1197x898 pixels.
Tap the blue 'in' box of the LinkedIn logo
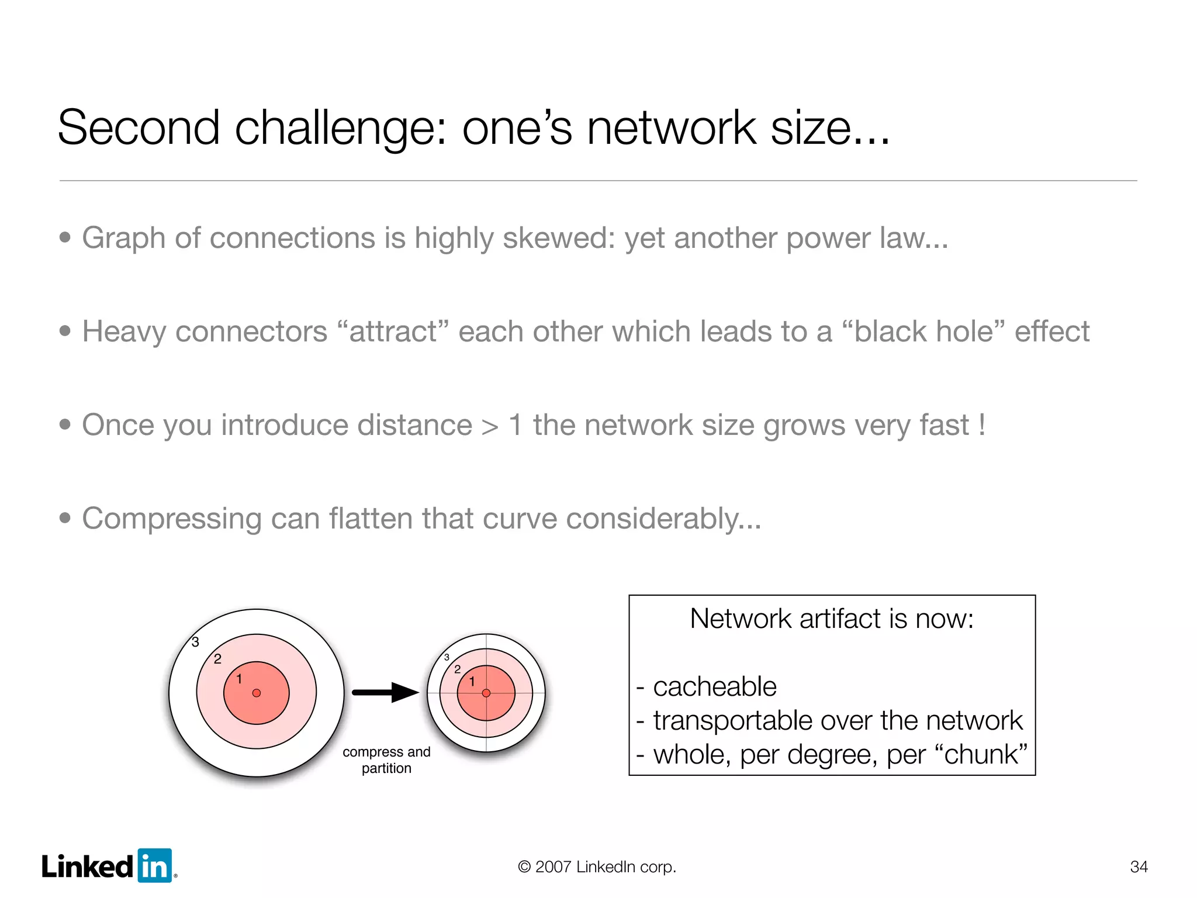click(x=155, y=866)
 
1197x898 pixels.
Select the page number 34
click(x=1139, y=866)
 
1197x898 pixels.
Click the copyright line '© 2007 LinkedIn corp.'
click(x=597, y=866)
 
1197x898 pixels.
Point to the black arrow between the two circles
click(x=386, y=693)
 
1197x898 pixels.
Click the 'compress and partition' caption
click(x=386, y=759)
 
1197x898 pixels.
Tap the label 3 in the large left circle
click(x=196, y=642)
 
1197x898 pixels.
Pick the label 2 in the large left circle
click(x=217, y=659)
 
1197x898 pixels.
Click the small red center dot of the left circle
click(x=256, y=693)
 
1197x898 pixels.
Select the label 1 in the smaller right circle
click(x=472, y=682)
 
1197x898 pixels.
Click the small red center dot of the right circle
click(x=486, y=693)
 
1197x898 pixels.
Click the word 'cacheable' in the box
click(x=714, y=686)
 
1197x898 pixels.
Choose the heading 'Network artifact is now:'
click(x=831, y=619)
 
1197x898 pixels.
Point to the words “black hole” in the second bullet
click(x=923, y=331)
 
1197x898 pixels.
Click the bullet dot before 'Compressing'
click(x=65, y=518)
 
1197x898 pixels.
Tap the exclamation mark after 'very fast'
click(x=982, y=425)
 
